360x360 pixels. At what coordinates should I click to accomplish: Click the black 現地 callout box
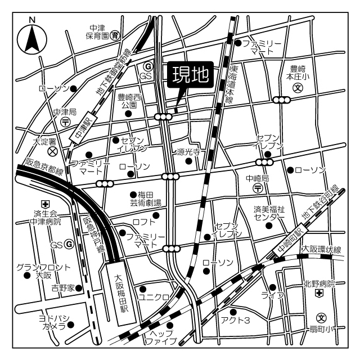point(190,75)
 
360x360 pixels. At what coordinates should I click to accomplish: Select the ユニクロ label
point(154,296)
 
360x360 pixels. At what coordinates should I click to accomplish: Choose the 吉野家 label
point(62,288)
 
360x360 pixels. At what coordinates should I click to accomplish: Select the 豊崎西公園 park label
point(128,101)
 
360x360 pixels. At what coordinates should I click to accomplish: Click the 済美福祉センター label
point(269,213)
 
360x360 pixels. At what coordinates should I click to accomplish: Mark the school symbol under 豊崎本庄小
point(299,88)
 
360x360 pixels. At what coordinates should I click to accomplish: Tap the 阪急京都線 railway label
point(44,166)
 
